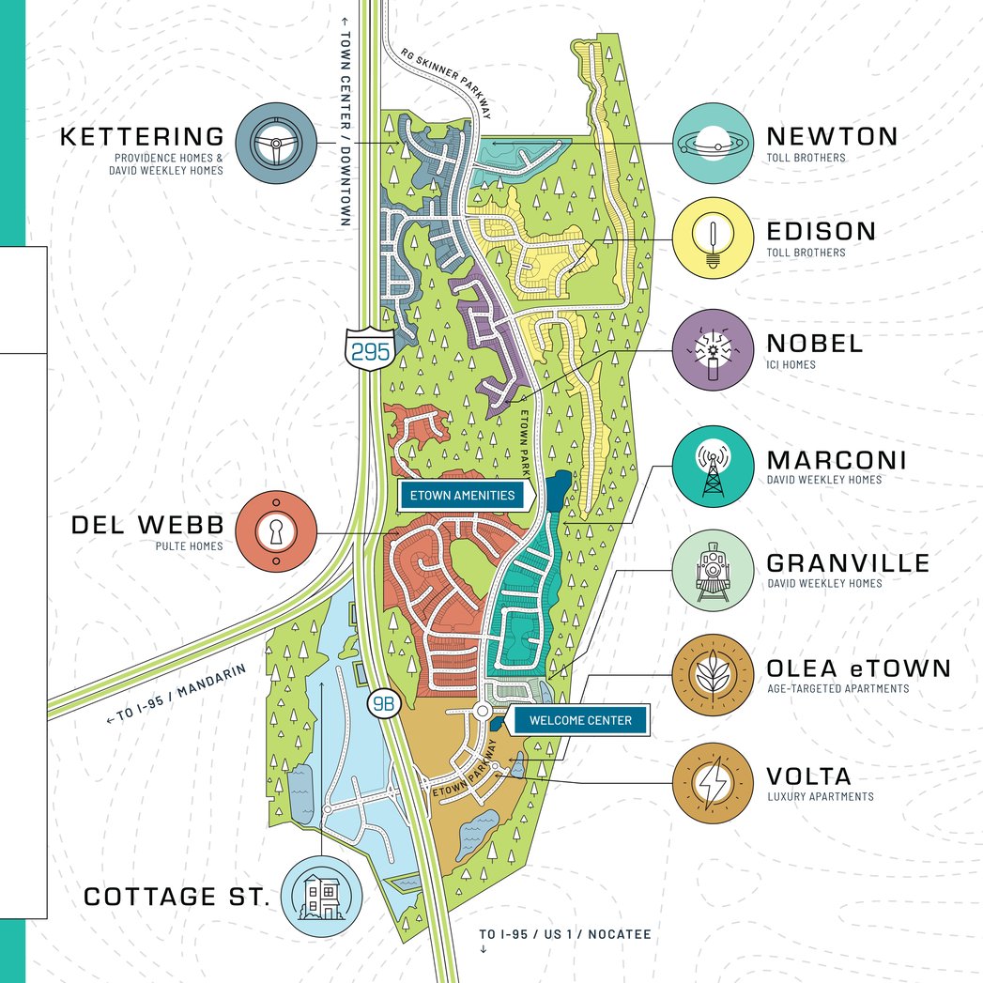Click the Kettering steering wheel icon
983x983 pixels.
tap(276, 144)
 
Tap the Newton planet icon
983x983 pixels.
tap(713, 144)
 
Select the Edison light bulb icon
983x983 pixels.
tap(713, 238)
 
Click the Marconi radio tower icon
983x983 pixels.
tap(713, 468)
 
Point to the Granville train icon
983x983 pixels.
tap(713, 571)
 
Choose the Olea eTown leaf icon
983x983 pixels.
tap(713, 675)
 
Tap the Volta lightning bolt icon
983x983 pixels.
tap(713, 783)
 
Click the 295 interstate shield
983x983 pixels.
tap(364, 349)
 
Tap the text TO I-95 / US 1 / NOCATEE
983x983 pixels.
tap(564, 934)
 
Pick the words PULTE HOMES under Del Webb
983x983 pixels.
tap(189, 545)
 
